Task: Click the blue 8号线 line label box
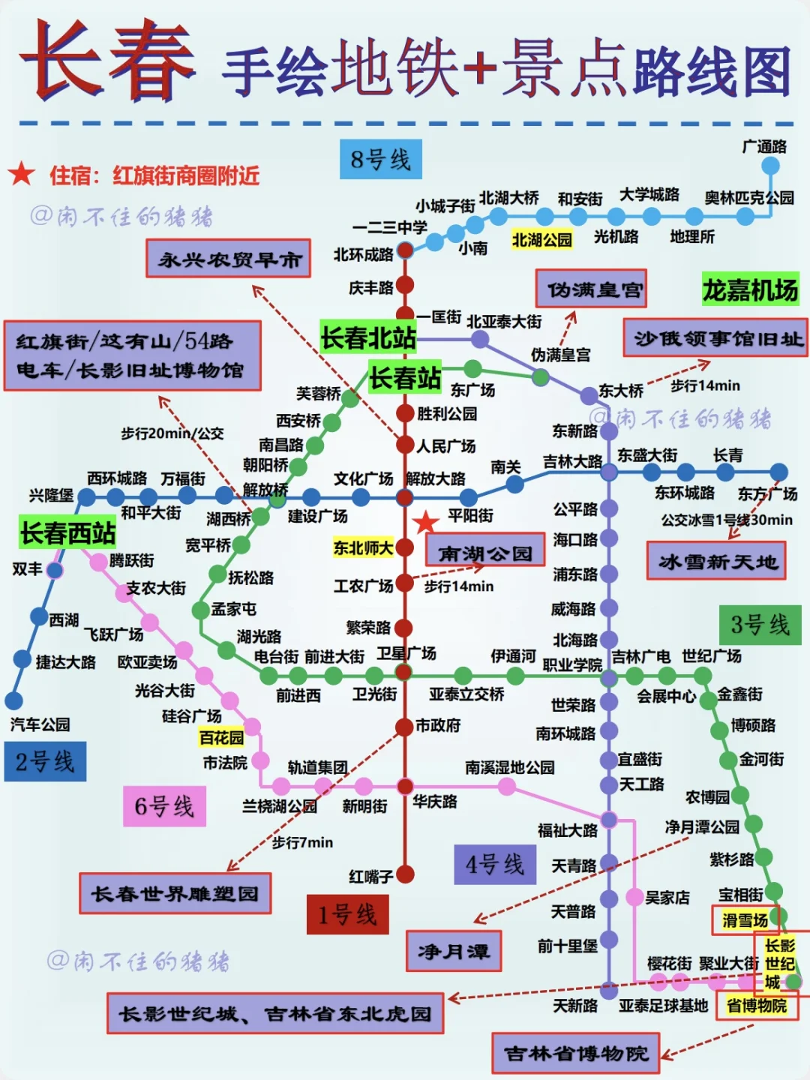(x=381, y=159)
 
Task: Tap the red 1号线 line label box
(x=347, y=914)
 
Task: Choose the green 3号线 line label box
(x=760, y=624)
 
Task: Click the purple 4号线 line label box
(x=495, y=864)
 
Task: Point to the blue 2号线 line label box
(x=45, y=761)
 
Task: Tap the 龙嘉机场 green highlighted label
(x=750, y=289)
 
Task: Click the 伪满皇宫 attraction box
(x=591, y=289)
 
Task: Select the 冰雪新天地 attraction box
(x=716, y=561)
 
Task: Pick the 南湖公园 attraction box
(x=485, y=553)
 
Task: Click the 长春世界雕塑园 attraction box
(x=175, y=893)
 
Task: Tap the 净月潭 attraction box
(x=453, y=951)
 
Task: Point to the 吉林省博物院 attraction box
(x=575, y=1053)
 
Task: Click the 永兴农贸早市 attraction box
(x=229, y=259)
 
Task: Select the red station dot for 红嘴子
(x=405, y=874)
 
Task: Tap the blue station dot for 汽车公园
(x=13, y=700)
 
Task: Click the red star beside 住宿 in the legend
(x=22, y=174)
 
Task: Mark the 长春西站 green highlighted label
(x=67, y=532)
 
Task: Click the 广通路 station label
(x=764, y=146)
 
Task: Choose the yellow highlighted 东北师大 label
(x=363, y=547)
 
